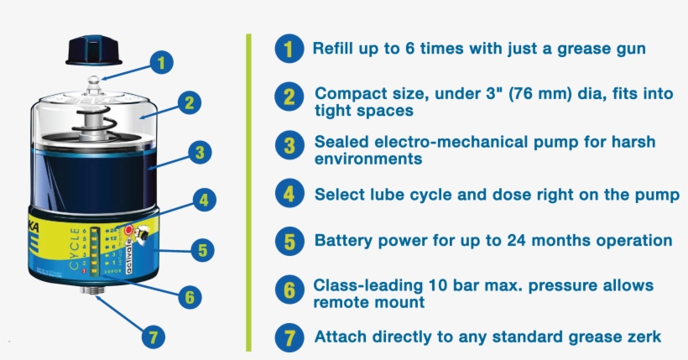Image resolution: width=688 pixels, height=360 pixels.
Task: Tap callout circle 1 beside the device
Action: tap(163, 61)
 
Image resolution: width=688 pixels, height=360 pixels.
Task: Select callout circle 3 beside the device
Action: tap(199, 153)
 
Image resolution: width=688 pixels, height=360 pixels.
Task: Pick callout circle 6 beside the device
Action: tap(190, 296)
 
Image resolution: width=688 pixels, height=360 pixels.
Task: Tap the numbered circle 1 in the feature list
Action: tap(289, 50)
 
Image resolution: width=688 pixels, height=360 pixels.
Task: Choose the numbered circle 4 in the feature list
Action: tap(289, 195)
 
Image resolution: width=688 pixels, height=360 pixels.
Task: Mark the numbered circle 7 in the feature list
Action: tap(289, 337)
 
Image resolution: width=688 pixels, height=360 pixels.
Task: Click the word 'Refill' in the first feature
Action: tap(333, 49)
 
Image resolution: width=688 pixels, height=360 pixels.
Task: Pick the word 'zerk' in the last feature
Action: tap(643, 337)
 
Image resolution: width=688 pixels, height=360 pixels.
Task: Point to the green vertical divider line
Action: tap(248, 192)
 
